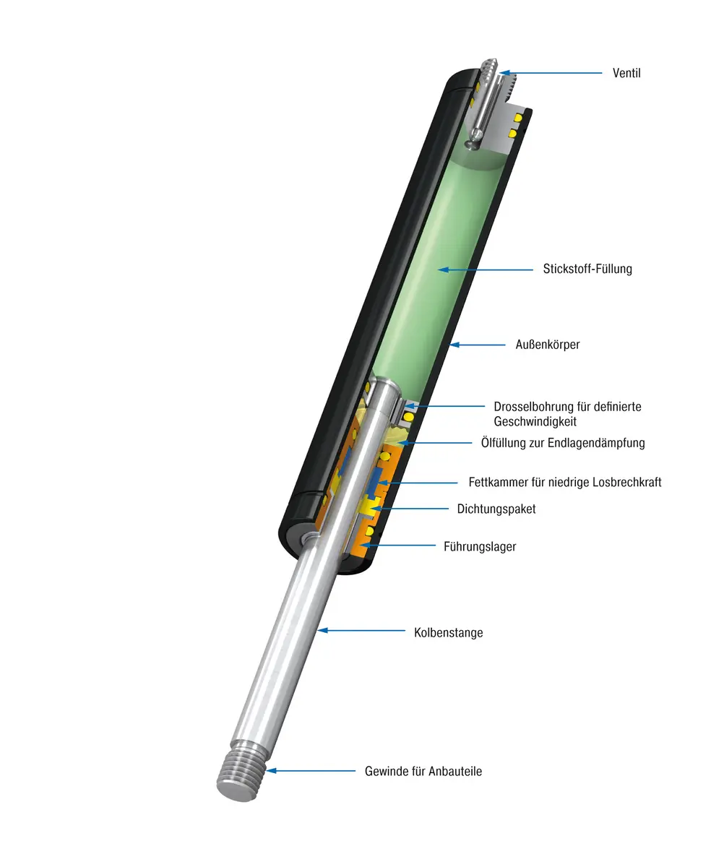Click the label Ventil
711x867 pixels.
pos(626,73)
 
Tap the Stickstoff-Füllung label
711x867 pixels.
pos(587,269)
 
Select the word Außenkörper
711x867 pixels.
pos(547,345)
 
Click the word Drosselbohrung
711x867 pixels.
pos(533,407)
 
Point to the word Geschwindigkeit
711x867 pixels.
pos(535,421)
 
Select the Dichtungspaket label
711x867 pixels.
pos(496,509)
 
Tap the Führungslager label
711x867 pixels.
pos(480,546)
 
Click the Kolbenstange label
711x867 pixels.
pos(448,632)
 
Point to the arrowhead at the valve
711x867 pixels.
pos(504,73)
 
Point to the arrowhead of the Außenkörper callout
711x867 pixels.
pos(454,345)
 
